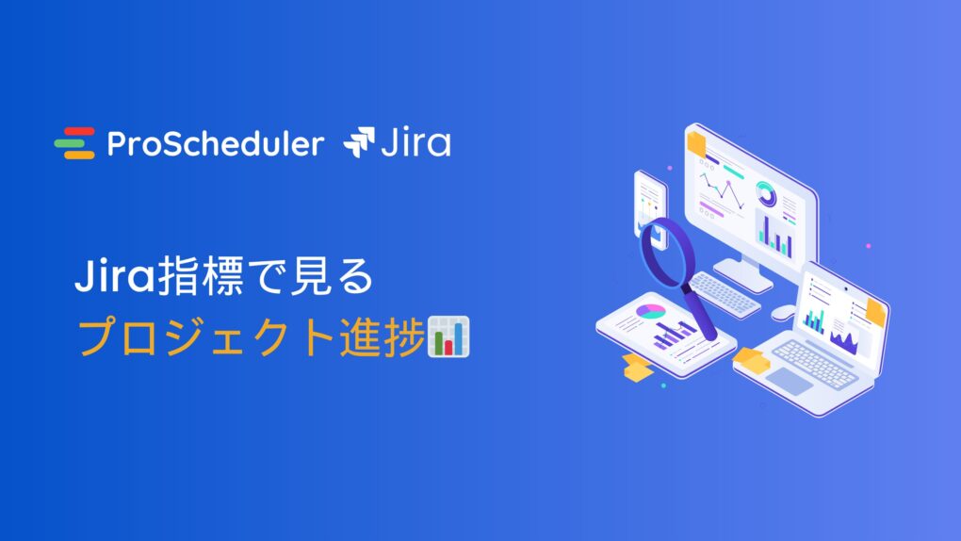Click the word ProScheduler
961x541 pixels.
pos(215,144)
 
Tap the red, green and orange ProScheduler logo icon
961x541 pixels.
pos(74,143)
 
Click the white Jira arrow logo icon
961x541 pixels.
pos(359,142)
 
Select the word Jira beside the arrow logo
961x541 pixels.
pos(416,143)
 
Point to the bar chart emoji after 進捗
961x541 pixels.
pos(448,336)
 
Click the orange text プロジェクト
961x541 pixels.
pos(206,336)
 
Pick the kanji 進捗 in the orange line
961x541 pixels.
pos(383,336)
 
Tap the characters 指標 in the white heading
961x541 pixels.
pos(200,276)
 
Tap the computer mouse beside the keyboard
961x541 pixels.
pos(783,312)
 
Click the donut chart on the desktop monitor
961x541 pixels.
pos(765,194)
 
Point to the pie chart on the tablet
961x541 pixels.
pos(650,312)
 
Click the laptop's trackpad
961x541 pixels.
pos(790,381)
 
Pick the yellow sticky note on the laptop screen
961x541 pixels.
pos(876,311)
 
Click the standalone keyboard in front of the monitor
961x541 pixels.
pos(725,295)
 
